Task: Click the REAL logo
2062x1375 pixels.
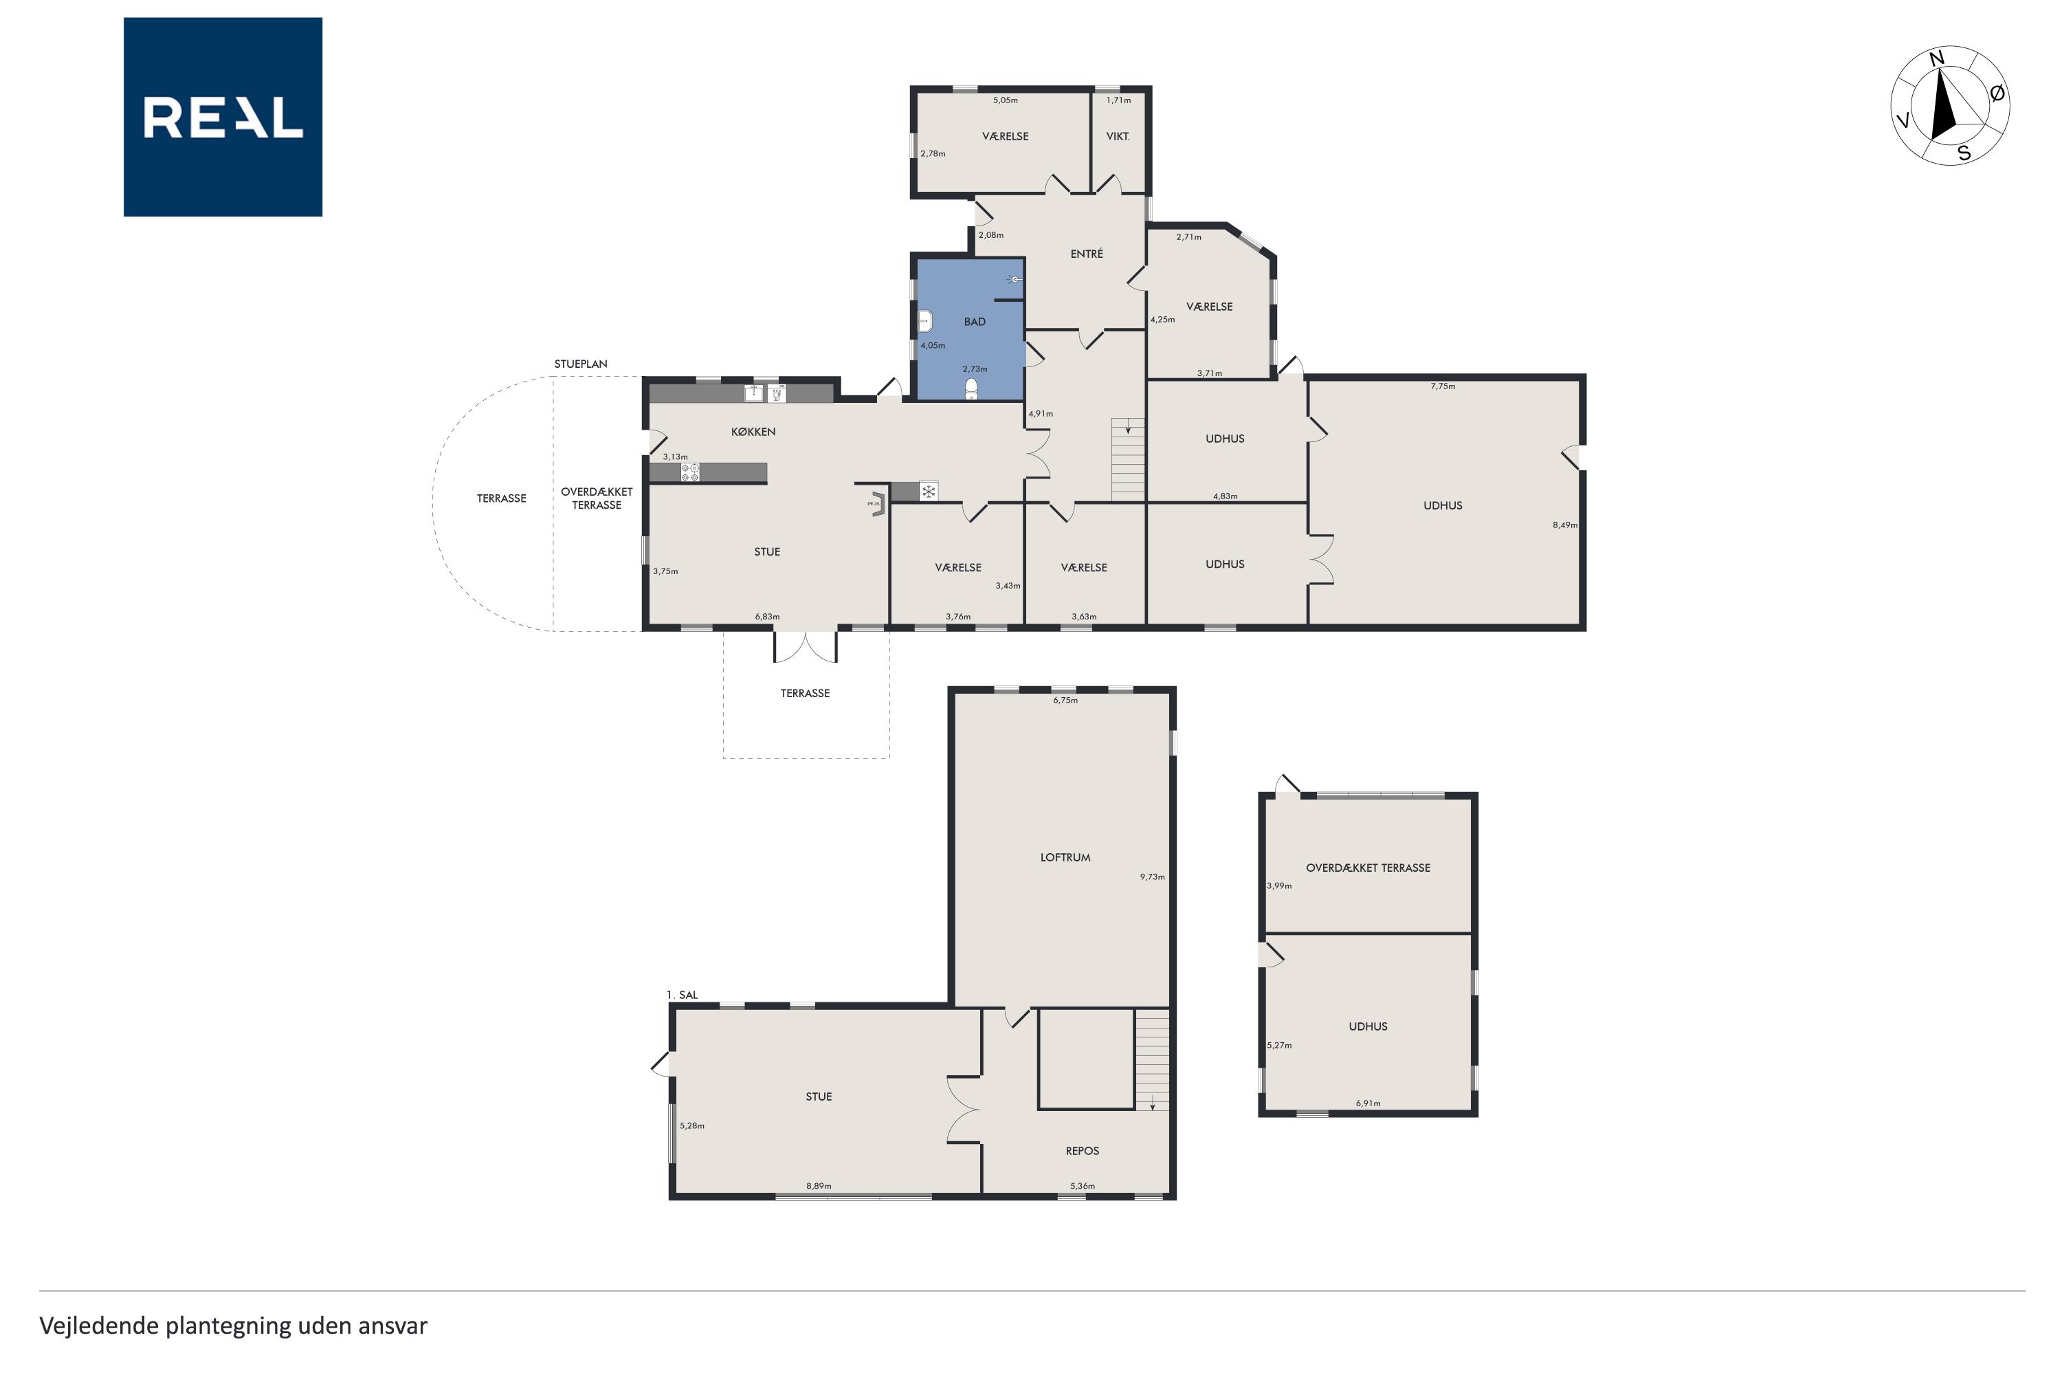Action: coord(223,117)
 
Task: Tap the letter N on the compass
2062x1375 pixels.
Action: coord(1937,58)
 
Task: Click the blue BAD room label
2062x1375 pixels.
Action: coord(975,322)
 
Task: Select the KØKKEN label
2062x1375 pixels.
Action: coord(753,432)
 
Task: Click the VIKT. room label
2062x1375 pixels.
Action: coord(1118,136)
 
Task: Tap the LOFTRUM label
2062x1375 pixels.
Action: coord(1065,857)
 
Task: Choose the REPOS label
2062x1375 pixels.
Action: coord(1082,1150)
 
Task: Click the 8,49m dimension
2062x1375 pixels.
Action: coord(1565,525)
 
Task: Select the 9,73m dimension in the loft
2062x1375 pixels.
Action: coord(1152,876)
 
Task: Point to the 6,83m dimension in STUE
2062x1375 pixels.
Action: coord(767,617)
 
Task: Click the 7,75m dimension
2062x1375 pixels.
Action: coord(1443,386)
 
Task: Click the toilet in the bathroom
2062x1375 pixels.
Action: coord(971,389)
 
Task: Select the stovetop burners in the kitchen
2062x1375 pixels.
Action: coord(690,473)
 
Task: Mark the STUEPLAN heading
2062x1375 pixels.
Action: coord(580,364)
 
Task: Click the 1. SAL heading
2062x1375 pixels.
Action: coord(682,994)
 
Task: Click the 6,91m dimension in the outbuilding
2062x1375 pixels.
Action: coord(1368,1103)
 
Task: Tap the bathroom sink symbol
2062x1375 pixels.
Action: coord(924,321)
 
